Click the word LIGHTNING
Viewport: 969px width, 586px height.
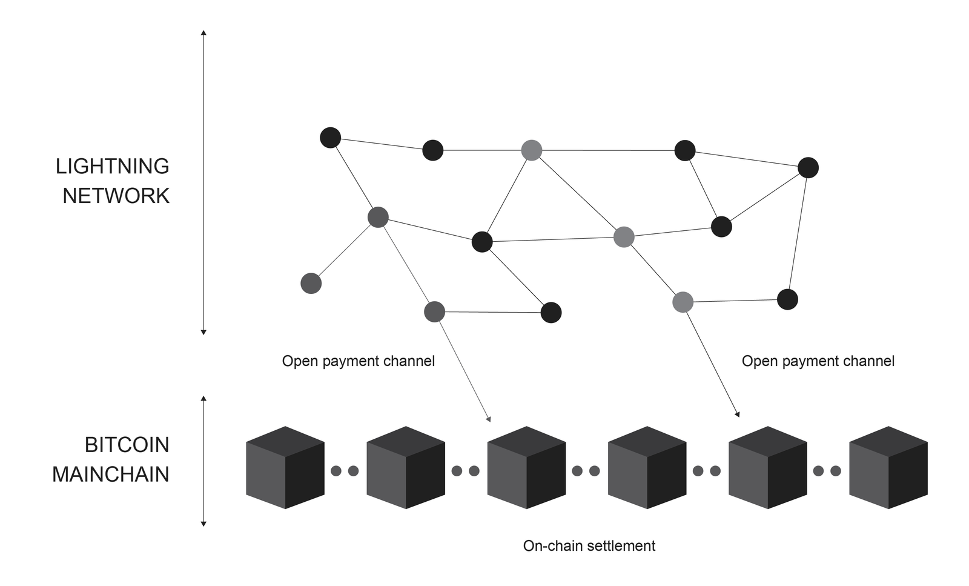[112, 166]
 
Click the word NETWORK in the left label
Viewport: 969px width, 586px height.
[116, 196]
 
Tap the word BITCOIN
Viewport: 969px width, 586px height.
[127, 445]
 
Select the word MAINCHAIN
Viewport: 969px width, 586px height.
[110, 474]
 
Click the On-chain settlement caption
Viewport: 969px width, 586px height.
[589, 546]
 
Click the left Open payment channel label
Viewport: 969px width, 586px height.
[358, 361]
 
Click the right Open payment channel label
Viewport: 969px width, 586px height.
[818, 361]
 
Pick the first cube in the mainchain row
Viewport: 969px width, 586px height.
[285, 468]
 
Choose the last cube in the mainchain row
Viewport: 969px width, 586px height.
[888, 468]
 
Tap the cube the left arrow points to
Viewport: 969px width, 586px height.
[526, 468]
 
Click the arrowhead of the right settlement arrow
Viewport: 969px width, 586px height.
[737, 415]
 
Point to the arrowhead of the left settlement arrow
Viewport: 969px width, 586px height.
[488, 419]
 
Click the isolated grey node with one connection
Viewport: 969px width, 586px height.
[311, 283]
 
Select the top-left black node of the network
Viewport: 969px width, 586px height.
[330, 138]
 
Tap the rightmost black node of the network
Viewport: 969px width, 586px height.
[808, 167]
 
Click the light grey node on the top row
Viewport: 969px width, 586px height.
[531, 150]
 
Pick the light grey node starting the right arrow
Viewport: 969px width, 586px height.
[683, 302]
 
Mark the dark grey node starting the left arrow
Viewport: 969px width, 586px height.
[434, 311]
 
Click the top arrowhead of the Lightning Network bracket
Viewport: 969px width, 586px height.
[203, 32]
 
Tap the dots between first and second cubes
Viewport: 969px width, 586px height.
[345, 471]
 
